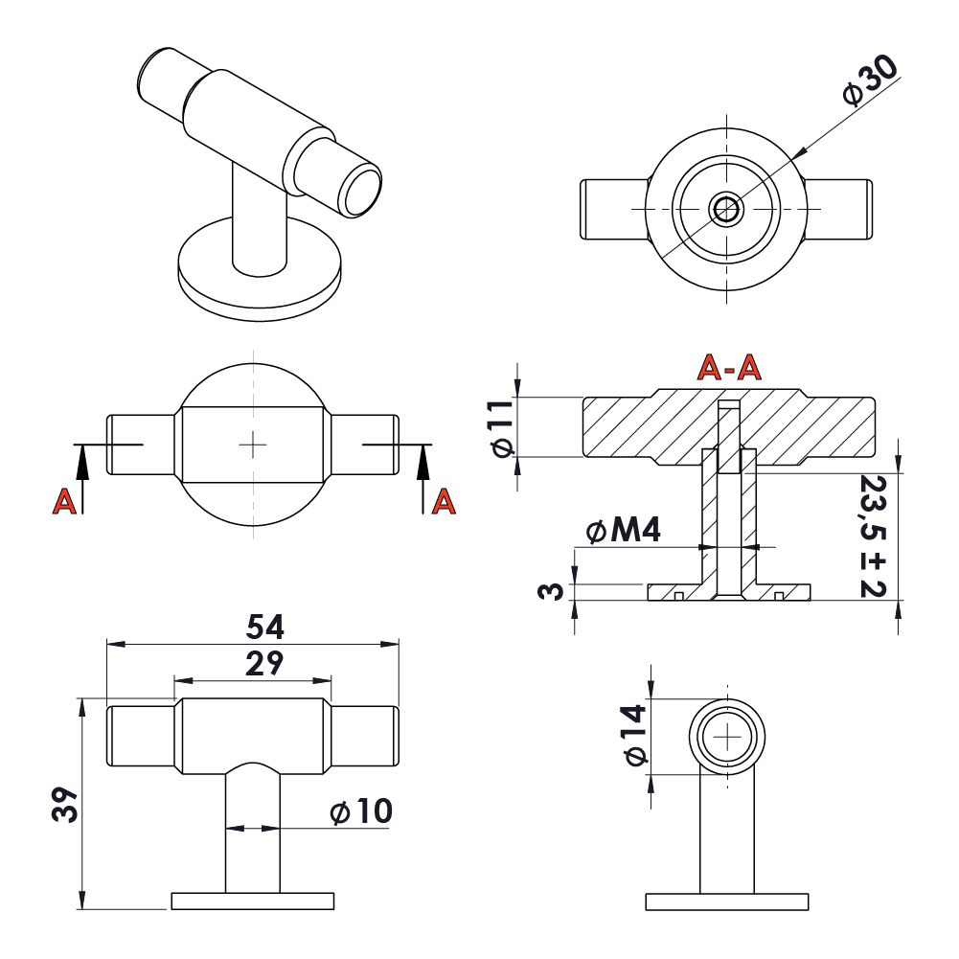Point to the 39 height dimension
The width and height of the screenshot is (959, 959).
(63, 806)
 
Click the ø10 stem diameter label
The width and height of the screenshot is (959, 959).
(360, 812)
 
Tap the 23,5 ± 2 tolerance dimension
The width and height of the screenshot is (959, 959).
(872, 536)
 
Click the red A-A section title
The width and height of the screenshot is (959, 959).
(728, 366)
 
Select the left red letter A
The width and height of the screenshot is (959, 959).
(64, 501)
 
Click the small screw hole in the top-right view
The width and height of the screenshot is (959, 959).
(725, 209)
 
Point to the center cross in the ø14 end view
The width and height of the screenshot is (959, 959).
(728, 736)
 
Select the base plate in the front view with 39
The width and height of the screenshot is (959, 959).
(253, 900)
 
